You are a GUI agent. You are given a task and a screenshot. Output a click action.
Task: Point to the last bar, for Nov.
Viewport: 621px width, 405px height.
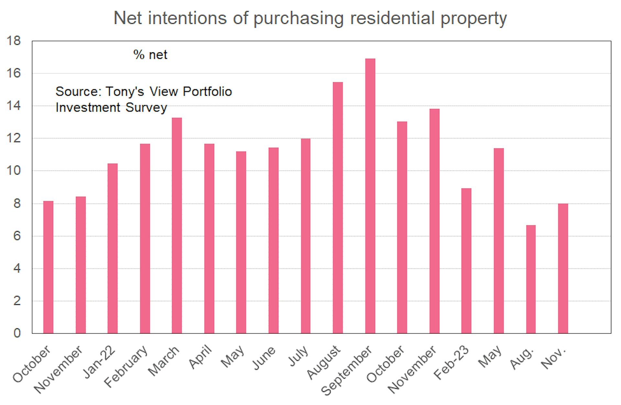563,268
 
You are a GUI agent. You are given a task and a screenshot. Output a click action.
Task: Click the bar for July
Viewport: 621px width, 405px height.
305,236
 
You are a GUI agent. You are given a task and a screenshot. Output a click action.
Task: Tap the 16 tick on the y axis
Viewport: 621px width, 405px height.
14,73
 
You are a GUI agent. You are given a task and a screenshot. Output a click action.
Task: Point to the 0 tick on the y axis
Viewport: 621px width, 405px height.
17,333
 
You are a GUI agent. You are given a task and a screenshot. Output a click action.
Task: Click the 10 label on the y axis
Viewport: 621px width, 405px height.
14,171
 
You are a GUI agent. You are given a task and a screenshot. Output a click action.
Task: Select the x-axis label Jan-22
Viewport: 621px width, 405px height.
100,362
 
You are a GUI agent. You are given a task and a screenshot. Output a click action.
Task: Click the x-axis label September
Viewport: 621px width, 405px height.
347,370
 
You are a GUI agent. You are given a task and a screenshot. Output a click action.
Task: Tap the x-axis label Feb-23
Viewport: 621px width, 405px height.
452,363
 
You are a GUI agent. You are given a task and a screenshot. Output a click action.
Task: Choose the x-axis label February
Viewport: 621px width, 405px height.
126,367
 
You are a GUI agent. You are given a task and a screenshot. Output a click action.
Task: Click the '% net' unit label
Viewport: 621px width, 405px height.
150,55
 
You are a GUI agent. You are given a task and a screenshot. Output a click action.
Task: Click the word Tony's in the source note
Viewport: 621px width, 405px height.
125,92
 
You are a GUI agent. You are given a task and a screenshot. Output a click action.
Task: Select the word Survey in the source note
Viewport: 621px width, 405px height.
146,108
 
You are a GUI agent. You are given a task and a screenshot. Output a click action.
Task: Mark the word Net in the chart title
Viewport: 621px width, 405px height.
127,18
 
